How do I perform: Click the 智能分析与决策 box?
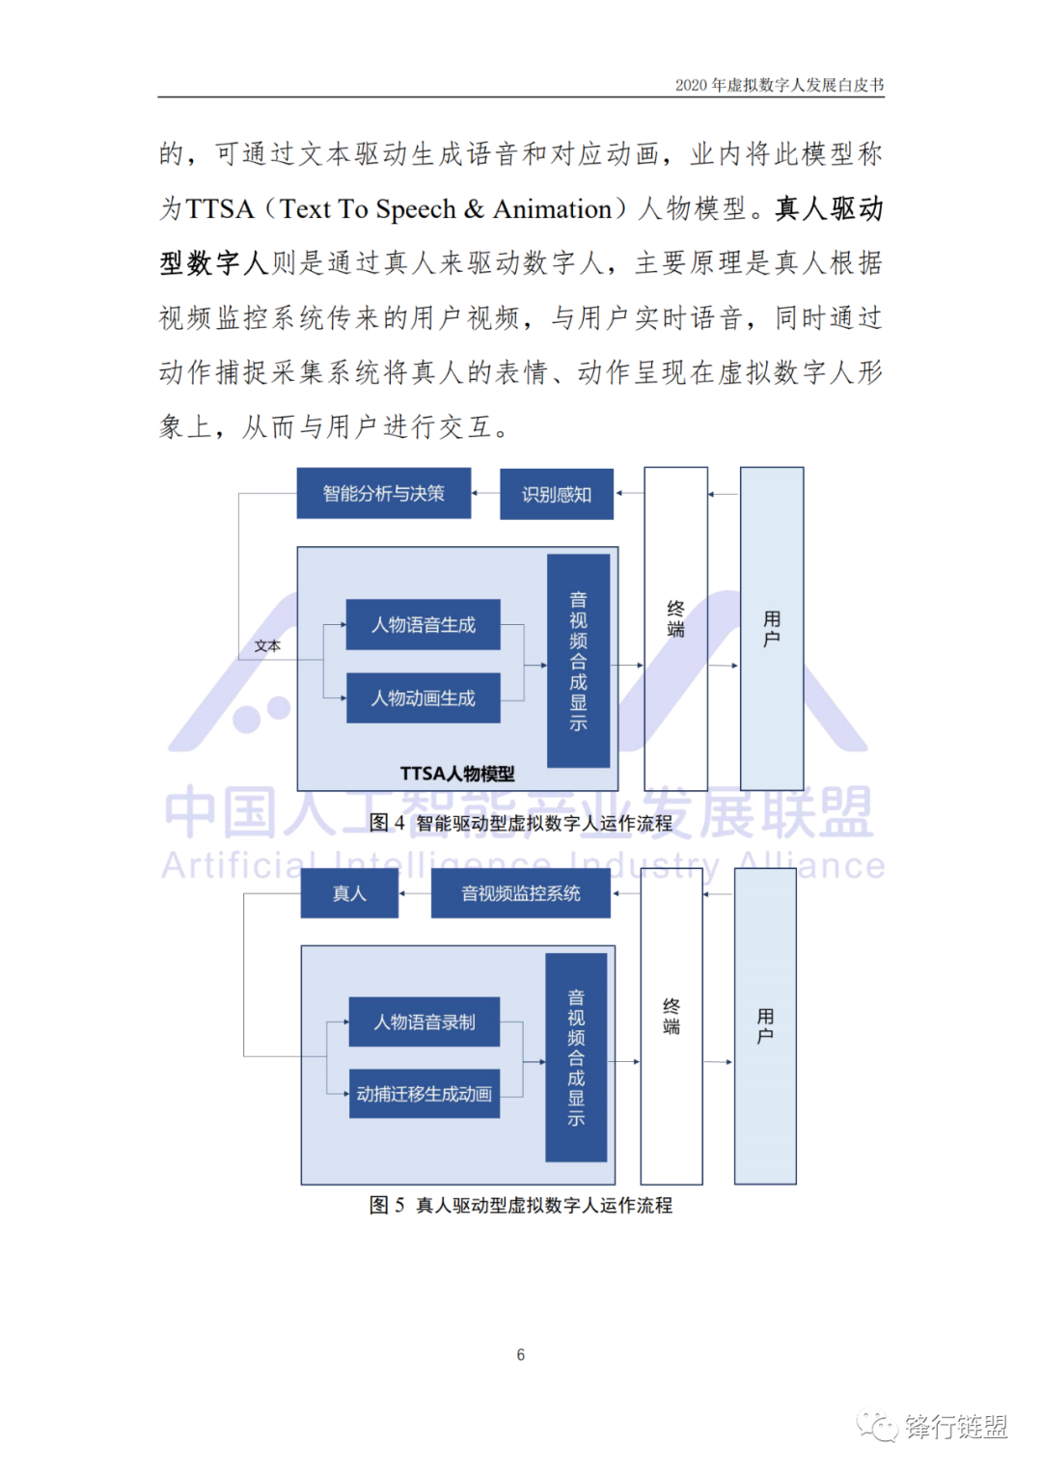tap(383, 494)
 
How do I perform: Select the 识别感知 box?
tap(556, 495)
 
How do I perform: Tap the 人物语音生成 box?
tap(423, 625)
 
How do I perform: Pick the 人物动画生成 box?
tap(423, 698)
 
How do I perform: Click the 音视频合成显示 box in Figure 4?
tap(578, 661)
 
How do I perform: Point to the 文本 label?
tap(267, 646)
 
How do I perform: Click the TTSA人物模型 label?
tap(457, 774)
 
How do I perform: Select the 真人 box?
tap(349, 894)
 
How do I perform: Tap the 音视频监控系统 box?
tap(520, 894)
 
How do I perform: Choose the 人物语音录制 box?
tap(425, 1023)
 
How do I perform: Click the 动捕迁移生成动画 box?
tap(425, 1094)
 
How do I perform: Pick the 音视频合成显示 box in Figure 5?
tap(576, 1057)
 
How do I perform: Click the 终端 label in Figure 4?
tap(675, 619)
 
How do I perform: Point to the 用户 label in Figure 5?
tap(765, 1026)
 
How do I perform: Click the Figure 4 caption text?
tap(521, 824)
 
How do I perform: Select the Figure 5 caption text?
tap(521, 1206)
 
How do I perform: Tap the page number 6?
tap(521, 1355)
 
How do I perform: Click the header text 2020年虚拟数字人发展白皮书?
tap(780, 85)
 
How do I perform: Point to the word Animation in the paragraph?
tap(552, 209)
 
